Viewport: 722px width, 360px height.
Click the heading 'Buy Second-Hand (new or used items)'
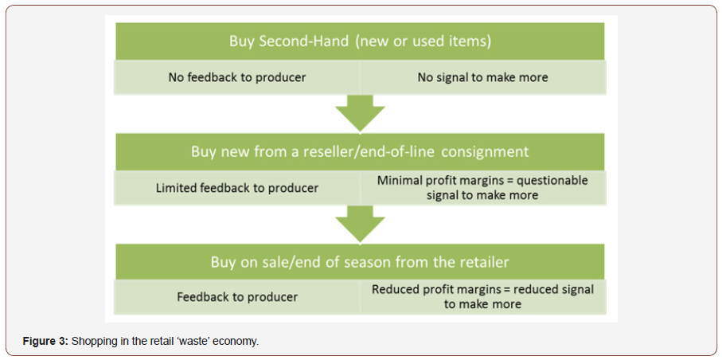tap(360, 41)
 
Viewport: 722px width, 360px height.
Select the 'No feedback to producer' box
tap(237, 77)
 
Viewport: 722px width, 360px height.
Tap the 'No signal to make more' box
tap(483, 77)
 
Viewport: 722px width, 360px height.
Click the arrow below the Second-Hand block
tap(360, 113)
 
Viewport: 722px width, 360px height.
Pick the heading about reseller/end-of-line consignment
tap(360, 151)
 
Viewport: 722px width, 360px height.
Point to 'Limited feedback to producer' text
tap(237, 188)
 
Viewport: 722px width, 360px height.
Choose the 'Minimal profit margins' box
tap(483, 188)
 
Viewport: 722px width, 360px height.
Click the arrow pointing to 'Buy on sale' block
tap(360, 224)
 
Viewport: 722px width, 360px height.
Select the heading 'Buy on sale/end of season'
tap(360, 262)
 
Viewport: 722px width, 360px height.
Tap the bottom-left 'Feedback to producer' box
tap(237, 297)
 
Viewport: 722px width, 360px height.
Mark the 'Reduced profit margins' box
tap(483, 297)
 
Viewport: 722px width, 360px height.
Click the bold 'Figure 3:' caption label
tap(45, 342)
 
